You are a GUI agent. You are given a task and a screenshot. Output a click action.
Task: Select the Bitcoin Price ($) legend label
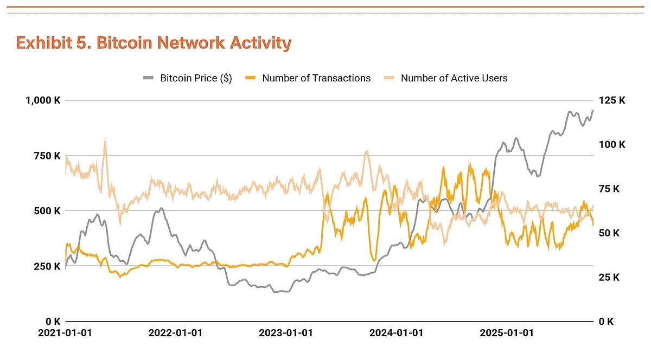coord(196,78)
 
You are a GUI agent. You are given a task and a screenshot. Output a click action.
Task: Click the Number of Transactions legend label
coord(316,78)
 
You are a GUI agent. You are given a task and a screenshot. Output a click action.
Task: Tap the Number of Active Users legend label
coord(454,78)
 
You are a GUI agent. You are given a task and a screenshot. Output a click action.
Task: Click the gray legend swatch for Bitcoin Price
coord(149,78)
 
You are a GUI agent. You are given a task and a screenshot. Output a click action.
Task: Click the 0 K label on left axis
coord(52,321)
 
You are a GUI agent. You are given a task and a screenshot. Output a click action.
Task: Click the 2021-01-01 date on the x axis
coord(65,333)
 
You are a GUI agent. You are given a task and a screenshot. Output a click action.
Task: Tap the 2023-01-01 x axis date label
coord(285,333)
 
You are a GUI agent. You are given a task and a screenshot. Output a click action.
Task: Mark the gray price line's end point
coord(593,110)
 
